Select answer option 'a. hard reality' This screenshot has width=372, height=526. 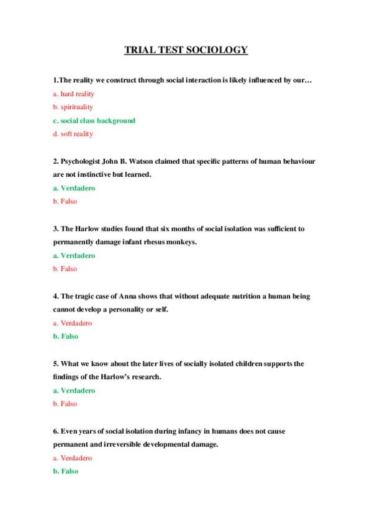[73, 94]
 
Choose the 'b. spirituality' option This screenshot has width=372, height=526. [73, 107]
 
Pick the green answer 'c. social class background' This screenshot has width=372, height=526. [94, 121]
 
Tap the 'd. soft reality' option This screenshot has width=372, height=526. [73, 134]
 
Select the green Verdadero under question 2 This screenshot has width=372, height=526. [74, 188]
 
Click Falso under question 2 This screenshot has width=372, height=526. [65, 202]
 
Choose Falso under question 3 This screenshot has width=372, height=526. [65, 269]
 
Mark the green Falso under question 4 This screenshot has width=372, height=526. [65, 337]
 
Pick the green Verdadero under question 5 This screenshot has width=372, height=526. [74, 391]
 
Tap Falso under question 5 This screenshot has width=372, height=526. [65, 404]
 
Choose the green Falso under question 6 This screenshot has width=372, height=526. [65, 471]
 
